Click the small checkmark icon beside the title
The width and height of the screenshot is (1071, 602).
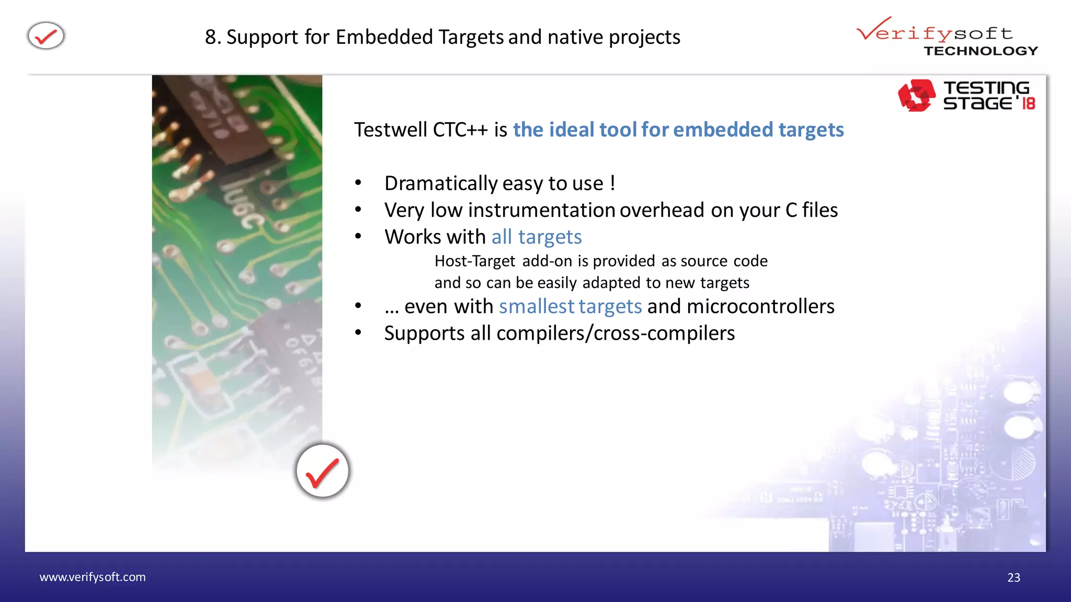tap(46, 36)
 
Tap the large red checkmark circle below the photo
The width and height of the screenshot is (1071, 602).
tap(322, 471)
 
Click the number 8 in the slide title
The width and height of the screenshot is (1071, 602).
tap(210, 37)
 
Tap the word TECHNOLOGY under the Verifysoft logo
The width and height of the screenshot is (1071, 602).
tap(981, 51)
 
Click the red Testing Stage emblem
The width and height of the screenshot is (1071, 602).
tap(916, 95)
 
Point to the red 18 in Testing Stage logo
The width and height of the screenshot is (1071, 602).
tap(1028, 103)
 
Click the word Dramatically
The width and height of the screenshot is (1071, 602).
tap(440, 183)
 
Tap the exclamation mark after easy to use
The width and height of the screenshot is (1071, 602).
tap(612, 183)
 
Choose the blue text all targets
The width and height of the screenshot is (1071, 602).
tap(536, 237)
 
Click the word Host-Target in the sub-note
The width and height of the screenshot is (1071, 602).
tap(475, 261)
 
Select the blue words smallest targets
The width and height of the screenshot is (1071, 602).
tap(570, 306)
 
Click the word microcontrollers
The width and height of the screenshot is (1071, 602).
tap(760, 306)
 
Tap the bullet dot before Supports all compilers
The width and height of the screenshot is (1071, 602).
tap(358, 332)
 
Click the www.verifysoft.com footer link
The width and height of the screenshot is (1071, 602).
tap(93, 577)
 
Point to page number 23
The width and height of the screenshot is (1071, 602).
tap(1013, 577)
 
